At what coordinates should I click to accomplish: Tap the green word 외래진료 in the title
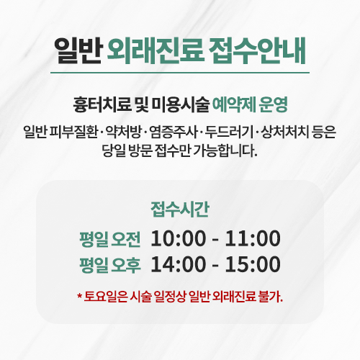(156, 50)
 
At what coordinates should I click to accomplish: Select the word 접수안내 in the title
(257, 50)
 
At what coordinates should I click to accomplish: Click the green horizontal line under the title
(180, 73)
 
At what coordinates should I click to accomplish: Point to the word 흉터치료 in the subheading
(102, 105)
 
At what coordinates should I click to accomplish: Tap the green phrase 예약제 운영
(250, 105)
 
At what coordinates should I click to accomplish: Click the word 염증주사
(174, 132)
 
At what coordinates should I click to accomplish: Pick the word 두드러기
(229, 132)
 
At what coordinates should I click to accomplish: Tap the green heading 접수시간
(180, 210)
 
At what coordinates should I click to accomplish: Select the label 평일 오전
(110, 239)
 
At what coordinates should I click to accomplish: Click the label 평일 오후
(110, 265)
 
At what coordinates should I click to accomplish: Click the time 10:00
(179, 238)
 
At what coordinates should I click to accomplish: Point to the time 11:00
(253, 238)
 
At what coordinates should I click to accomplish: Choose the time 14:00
(179, 264)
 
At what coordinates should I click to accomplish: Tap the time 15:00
(253, 264)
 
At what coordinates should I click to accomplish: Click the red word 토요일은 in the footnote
(105, 297)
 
